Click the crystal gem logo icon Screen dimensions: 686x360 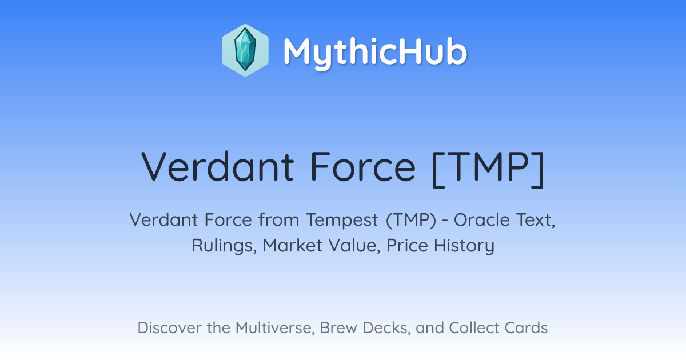(x=245, y=50)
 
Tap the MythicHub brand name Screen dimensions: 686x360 (x=375, y=52)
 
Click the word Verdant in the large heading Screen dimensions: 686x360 (x=217, y=167)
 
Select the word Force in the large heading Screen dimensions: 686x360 (x=363, y=167)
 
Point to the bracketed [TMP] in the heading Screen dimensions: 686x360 (x=488, y=169)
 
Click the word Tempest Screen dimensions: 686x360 (x=342, y=221)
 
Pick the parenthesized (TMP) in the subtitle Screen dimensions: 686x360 (x=411, y=221)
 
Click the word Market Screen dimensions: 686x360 (x=293, y=245)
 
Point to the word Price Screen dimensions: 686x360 (x=407, y=245)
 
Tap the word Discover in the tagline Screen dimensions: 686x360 (x=169, y=327)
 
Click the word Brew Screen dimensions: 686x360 (x=338, y=327)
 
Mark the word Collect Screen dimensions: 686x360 (x=473, y=327)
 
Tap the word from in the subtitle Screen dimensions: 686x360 (x=279, y=220)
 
